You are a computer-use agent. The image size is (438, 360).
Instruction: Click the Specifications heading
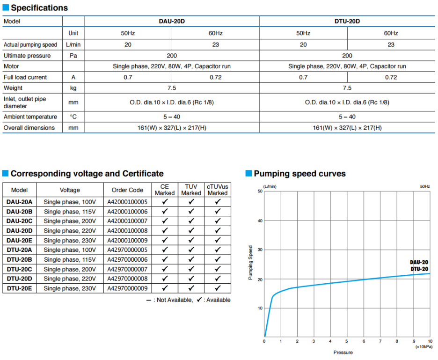pos(39,7)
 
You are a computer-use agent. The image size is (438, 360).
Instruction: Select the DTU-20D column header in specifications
pos(347,21)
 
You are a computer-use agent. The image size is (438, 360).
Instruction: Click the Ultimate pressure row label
pos(27,56)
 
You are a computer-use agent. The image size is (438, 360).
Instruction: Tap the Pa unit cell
pos(73,56)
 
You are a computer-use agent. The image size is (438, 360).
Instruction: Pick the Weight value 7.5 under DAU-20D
pos(172,88)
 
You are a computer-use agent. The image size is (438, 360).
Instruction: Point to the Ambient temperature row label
pos(30,117)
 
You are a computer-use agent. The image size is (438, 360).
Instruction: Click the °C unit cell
pos(73,117)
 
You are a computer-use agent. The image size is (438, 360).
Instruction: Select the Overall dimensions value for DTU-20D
pos(347,128)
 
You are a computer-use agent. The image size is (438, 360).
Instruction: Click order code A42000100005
pos(127,202)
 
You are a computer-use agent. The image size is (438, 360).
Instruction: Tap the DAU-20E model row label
pos(19,240)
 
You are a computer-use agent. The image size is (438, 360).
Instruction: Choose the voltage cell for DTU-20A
pos(70,250)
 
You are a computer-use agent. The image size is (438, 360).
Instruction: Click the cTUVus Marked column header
pos(217,190)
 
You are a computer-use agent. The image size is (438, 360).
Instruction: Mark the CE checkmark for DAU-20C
pos(165,221)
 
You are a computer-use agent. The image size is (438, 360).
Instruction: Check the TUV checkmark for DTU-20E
pos(191,288)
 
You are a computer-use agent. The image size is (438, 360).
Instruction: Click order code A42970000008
pos(127,279)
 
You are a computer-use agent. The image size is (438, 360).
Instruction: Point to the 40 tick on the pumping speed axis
pos(260,221)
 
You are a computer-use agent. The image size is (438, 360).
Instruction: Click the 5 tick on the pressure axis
pos(346,341)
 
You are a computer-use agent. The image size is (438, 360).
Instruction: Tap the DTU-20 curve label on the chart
pos(419,269)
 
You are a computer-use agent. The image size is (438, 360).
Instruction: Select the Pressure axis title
pos(343,353)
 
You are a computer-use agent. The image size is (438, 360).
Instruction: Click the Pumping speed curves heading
pos(300,174)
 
